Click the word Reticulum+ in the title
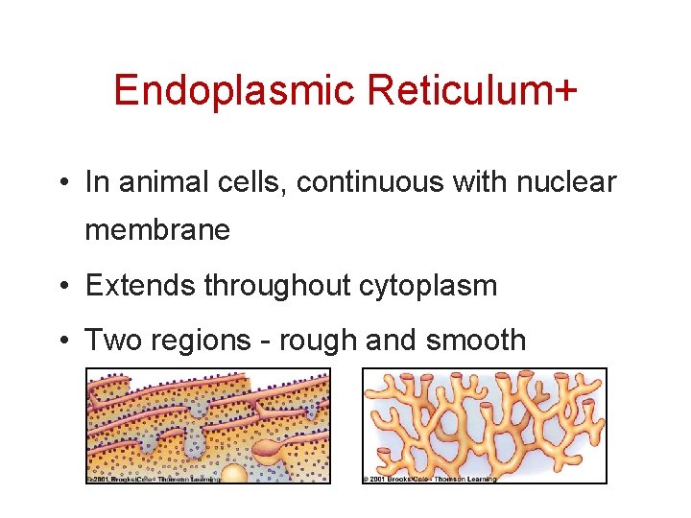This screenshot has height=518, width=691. click(470, 91)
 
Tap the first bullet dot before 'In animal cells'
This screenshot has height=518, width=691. click(62, 182)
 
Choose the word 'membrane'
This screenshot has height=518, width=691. click(157, 230)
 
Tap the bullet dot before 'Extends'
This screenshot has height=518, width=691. click(62, 286)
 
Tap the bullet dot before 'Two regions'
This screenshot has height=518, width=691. click(62, 341)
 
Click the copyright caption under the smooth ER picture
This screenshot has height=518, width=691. click(429, 479)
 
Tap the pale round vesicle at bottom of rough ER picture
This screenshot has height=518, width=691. click(234, 472)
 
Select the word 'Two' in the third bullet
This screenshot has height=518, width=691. click(109, 341)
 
